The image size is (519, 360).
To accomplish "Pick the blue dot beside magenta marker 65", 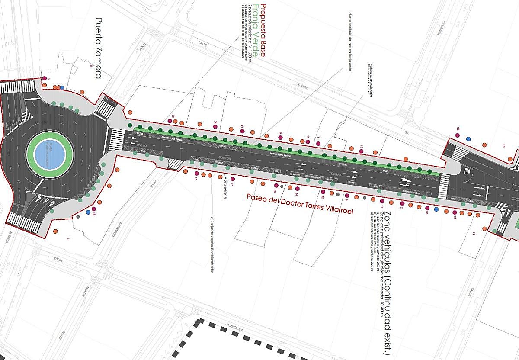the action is (x=468, y=139).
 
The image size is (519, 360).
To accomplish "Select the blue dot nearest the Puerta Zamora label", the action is (x=62, y=87).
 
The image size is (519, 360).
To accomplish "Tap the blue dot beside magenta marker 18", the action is (x=88, y=212).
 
